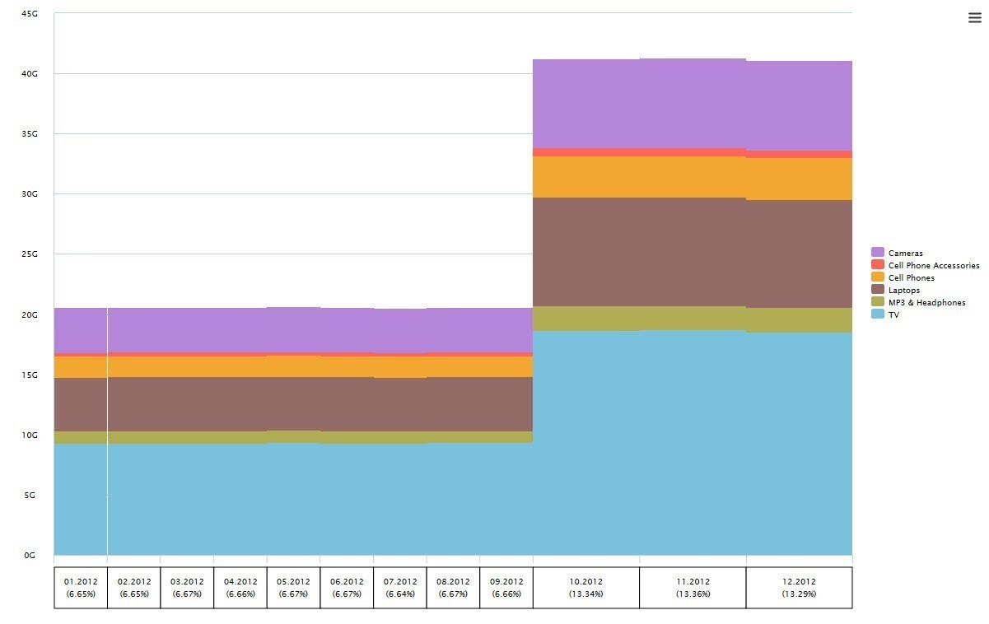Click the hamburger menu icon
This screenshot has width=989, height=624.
974,19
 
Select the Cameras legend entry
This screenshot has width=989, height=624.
905,253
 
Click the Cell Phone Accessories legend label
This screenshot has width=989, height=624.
934,265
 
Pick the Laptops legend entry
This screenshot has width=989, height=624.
904,290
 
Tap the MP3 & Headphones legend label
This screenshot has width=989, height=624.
926,302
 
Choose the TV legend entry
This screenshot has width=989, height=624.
893,314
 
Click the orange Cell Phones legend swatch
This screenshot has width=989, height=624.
878,277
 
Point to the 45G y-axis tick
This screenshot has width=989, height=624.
30,13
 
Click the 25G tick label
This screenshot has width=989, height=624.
30,254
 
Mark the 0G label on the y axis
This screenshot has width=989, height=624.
30,556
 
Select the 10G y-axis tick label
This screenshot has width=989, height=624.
30,435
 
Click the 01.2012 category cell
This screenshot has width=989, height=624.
81,587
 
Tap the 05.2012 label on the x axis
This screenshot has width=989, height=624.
293,581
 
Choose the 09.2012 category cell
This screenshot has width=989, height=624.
506,587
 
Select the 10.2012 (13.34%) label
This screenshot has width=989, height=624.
586,587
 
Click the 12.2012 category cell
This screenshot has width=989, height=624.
799,587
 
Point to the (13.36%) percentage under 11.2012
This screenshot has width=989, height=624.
693,594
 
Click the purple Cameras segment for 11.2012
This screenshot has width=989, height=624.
693,103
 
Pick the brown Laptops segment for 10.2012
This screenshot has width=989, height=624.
586,252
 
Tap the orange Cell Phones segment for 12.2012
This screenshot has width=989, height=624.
799,179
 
